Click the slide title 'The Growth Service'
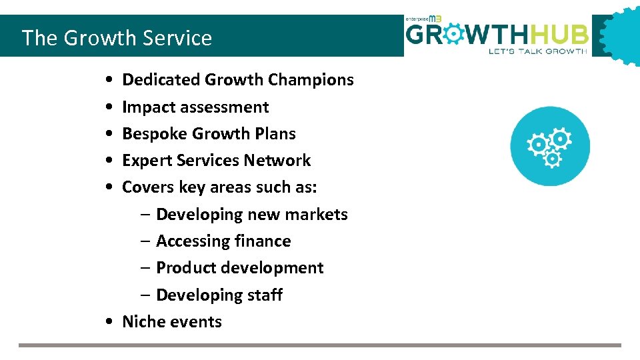pyautogui.click(x=117, y=38)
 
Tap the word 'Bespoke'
pyautogui.click(x=155, y=134)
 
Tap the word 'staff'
pyautogui.click(x=265, y=295)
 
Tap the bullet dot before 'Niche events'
pyautogui.click(x=108, y=322)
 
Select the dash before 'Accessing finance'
pyautogui.click(x=145, y=241)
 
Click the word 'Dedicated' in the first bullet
pyautogui.click(x=161, y=80)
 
